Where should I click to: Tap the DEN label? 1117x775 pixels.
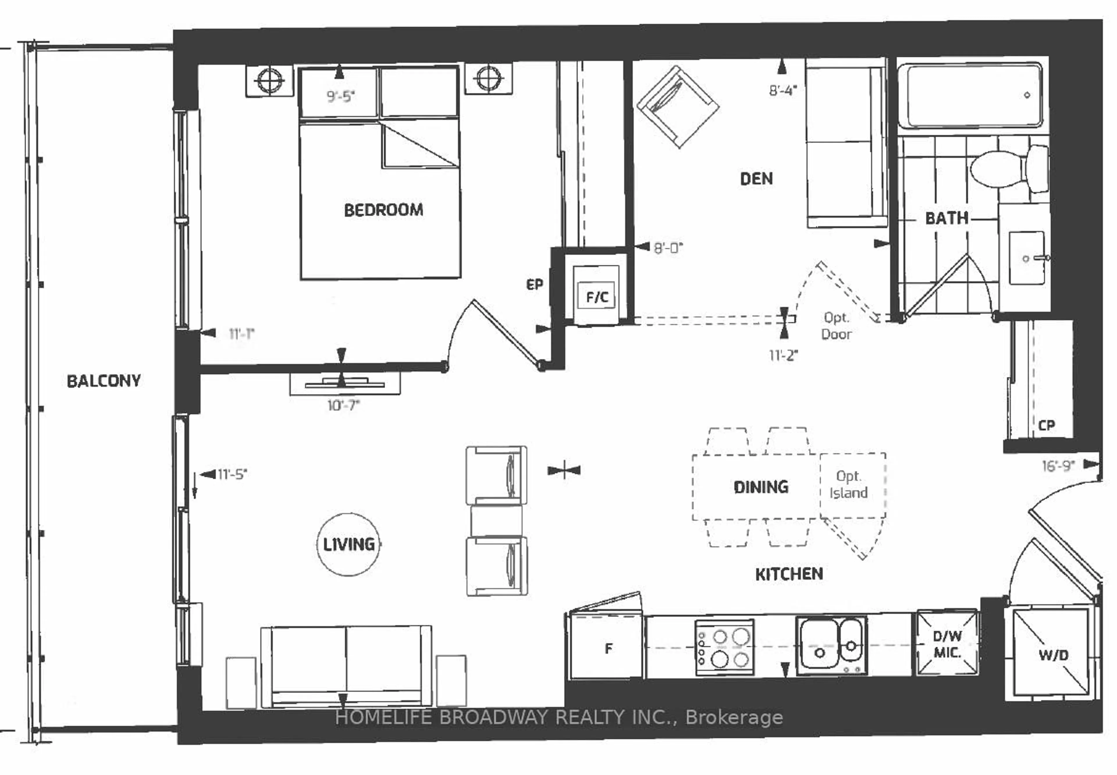(x=756, y=179)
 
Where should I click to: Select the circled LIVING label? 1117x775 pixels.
(x=348, y=544)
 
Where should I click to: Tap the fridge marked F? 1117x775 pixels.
(x=607, y=648)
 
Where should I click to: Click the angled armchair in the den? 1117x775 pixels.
(x=678, y=107)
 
